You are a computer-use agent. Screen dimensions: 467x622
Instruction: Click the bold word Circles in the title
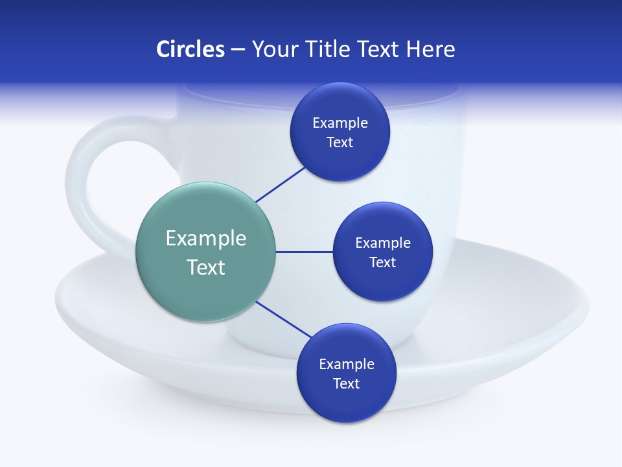click(x=190, y=49)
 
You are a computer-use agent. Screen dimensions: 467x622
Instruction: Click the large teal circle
click(x=205, y=252)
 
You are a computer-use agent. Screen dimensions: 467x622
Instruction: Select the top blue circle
click(x=340, y=132)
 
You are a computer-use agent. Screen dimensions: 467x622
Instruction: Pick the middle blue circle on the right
click(x=382, y=252)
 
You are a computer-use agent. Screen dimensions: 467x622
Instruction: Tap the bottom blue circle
click(x=346, y=373)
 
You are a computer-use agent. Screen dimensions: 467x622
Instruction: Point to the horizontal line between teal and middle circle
click(x=304, y=252)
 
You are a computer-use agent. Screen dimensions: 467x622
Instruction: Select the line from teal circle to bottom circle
click(x=283, y=319)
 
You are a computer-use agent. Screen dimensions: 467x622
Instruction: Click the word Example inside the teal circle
click(x=205, y=238)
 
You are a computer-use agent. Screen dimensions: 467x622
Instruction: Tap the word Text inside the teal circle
click(x=205, y=267)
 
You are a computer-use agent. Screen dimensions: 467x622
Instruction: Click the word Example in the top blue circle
click(x=340, y=123)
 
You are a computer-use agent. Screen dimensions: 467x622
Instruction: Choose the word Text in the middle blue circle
click(x=382, y=262)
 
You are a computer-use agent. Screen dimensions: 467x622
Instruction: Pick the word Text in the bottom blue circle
click(x=346, y=383)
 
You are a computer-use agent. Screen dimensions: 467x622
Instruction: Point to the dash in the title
click(x=237, y=49)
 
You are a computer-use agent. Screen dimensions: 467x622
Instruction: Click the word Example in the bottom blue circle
click(x=346, y=364)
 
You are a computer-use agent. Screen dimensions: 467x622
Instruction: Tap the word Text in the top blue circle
click(x=340, y=142)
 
